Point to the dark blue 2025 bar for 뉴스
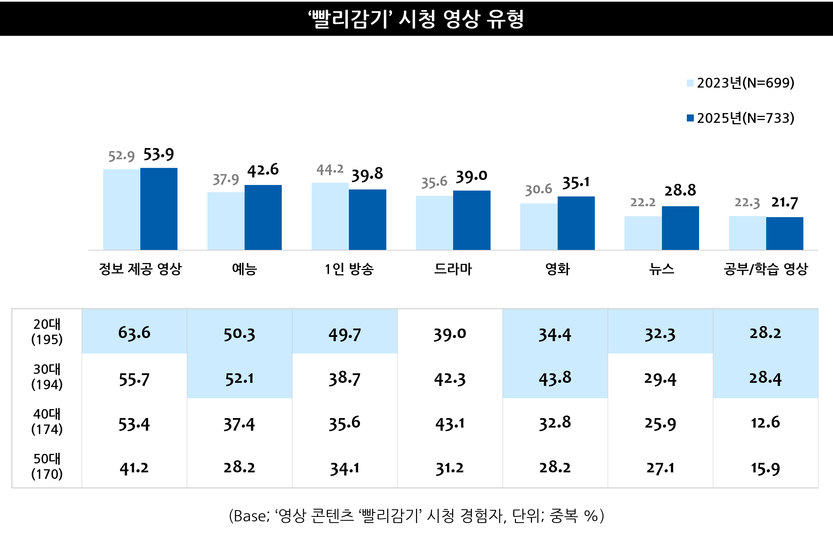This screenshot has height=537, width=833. coord(680,228)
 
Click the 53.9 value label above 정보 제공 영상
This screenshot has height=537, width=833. coord(158,154)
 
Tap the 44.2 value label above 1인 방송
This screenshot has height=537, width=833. coord(330,170)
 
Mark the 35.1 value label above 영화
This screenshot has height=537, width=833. coord(576,183)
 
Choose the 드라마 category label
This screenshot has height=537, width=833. coord(453,269)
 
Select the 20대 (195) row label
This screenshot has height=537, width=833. coord(47,332)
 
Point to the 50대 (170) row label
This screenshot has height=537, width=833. coord(47,466)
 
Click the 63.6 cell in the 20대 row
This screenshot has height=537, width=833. coord(134,333)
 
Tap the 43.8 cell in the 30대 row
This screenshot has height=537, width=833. coord(555,378)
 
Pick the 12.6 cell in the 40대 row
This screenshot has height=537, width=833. coord(765,423)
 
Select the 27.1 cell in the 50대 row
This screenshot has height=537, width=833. coord(660,468)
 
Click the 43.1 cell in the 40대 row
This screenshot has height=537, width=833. coord(449,424)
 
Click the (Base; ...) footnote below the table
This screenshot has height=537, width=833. coord(416,516)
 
